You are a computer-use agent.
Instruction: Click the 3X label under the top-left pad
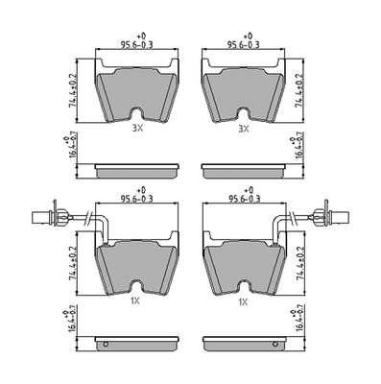[x=138, y=129]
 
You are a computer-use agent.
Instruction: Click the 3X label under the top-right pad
[x=244, y=129]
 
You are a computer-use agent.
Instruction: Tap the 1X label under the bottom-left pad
[x=135, y=300]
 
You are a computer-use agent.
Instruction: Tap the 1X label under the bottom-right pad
[x=244, y=300]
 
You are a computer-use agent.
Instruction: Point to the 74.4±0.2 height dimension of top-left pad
[x=73, y=90]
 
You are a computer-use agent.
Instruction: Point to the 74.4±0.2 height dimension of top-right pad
[x=299, y=90]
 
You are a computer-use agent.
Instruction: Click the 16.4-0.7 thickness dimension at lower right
[x=298, y=320]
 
